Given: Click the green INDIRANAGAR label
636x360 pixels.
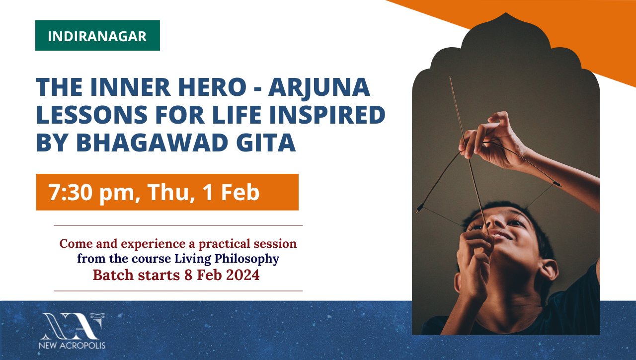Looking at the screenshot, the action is click(97, 35).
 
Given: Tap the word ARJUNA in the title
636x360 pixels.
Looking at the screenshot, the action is click(319, 87).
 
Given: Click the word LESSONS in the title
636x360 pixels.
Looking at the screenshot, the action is click(92, 114).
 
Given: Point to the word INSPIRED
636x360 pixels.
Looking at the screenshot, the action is click(327, 114).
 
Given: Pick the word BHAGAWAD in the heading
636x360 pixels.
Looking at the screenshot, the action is click(152, 142).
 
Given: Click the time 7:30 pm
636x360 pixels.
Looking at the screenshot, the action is click(91, 193).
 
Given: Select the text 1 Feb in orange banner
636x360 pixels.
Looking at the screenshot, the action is click(231, 192).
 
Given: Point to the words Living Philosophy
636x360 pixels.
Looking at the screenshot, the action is click(227, 259).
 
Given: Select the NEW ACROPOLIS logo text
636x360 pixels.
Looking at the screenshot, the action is click(72, 345).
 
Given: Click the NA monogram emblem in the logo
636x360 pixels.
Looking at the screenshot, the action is click(73, 326).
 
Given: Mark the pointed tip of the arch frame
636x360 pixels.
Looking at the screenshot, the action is click(506, 13).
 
